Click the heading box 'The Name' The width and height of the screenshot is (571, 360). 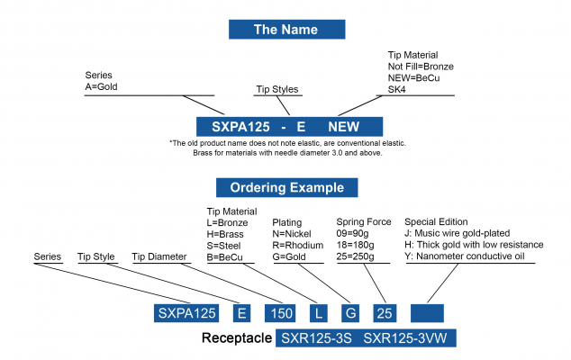click(285, 30)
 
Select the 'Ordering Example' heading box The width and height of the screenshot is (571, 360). click(285, 187)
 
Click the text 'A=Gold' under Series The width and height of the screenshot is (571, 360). click(102, 87)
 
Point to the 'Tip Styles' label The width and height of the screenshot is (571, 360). click(276, 89)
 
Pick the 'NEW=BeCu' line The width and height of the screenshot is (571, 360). click(413, 79)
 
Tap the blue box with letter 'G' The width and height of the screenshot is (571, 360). click(351, 313)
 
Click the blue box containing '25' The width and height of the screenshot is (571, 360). click(384, 313)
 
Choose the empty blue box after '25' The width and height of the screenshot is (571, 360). click(427, 313)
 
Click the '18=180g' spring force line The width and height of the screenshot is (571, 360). click(358, 245)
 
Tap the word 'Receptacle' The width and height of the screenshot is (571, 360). click(236, 340)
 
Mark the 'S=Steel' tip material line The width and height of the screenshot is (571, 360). click(227, 245)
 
